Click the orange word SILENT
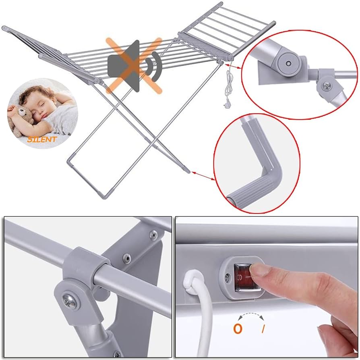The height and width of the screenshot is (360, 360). pos(42,139)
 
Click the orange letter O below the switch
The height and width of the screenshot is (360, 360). pos(238,329)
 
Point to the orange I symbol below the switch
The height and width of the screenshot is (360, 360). pos(263,329)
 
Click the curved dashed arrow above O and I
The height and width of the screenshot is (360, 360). pos(251,314)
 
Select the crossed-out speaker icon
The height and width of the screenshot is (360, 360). pos(134,66)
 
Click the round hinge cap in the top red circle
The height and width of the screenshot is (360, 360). pos(288,63)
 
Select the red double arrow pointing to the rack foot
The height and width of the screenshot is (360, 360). pos(203,176)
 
